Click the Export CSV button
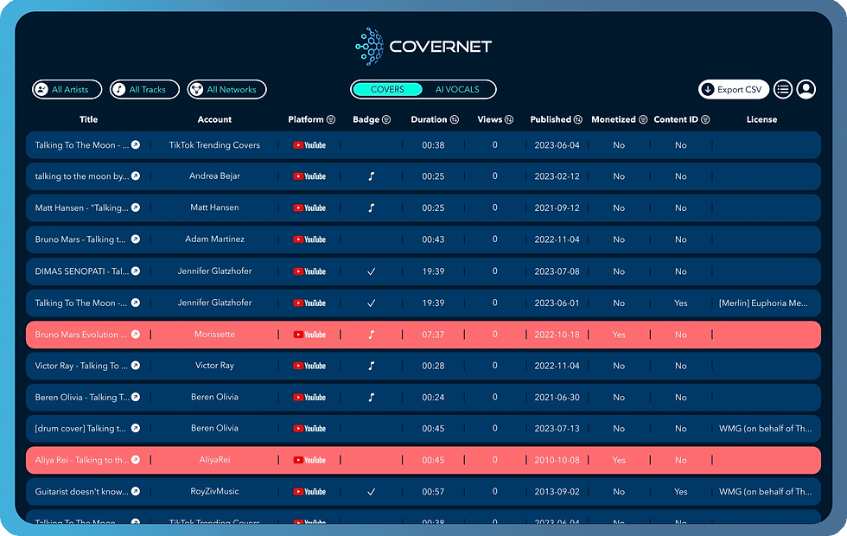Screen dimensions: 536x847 [734, 89]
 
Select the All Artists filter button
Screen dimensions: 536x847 [67, 89]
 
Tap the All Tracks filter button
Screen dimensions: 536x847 [144, 89]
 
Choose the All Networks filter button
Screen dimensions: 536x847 [227, 89]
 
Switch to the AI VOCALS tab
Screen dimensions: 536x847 [457, 89]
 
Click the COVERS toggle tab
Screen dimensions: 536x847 [387, 89]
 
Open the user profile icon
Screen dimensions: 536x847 [806, 89]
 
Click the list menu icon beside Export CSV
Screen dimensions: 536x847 [782, 89]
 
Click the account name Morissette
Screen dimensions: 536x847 [214, 335]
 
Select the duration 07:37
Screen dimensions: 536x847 [433, 335]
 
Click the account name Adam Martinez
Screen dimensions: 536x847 [214, 239]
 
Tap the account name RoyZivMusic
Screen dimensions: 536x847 [214, 492]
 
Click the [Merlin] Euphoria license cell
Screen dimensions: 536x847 [765, 303]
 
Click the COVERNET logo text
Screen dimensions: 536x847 [440, 47]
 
